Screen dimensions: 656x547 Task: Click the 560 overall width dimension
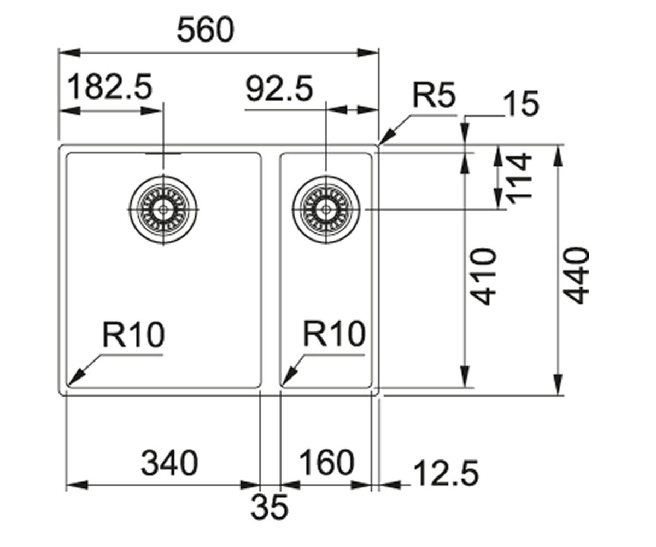click(x=206, y=30)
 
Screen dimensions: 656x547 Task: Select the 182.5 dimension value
click(x=110, y=86)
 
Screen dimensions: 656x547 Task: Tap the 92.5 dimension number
click(x=279, y=88)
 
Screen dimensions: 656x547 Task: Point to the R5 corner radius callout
click(x=434, y=94)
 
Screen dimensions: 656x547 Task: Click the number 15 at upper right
click(x=521, y=104)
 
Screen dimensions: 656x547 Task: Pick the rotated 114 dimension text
click(x=519, y=178)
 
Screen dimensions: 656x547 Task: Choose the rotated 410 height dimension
click(x=483, y=276)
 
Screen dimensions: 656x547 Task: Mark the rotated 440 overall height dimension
click(x=576, y=275)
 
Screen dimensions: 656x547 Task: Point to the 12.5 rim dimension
click(x=446, y=474)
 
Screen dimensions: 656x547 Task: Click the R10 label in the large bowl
click(x=133, y=334)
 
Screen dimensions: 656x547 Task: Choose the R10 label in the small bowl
click(x=334, y=333)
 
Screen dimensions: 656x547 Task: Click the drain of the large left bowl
click(x=163, y=210)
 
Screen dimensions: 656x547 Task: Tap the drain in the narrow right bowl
click(x=326, y=210)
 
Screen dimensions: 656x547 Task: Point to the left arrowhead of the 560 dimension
click(x=70, y=53)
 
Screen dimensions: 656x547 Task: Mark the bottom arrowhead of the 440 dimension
click(x=558, y=384)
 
